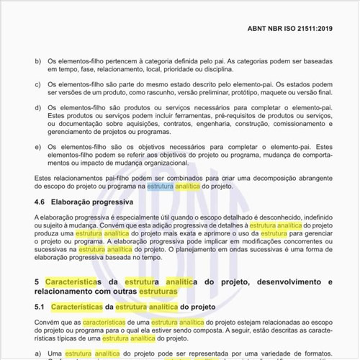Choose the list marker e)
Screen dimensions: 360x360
(x=38, y=148)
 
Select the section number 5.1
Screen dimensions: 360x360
(x=41, y=307)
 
